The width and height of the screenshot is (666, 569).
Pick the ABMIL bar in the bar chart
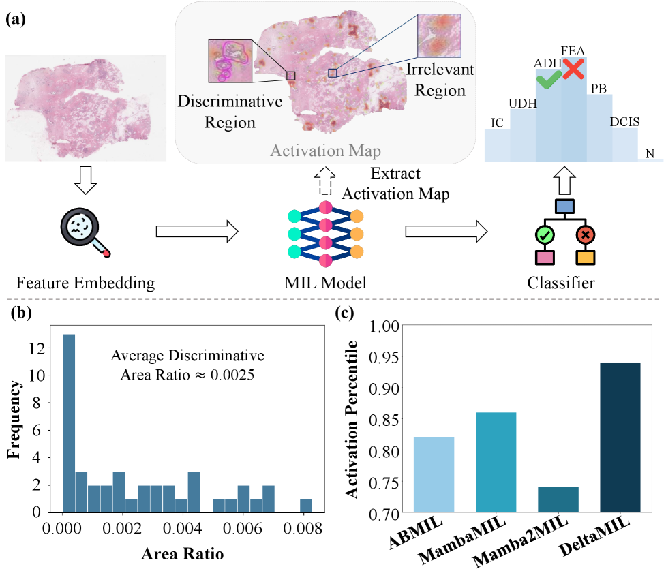coord(434,474)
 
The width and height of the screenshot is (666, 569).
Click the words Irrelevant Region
coord(439,80)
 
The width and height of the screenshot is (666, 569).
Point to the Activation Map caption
coord(325,151)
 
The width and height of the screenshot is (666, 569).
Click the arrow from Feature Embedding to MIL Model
coord(197,232)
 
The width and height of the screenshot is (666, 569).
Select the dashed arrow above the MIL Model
coord(325,182)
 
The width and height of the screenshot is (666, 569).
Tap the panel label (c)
coord(346,314)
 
